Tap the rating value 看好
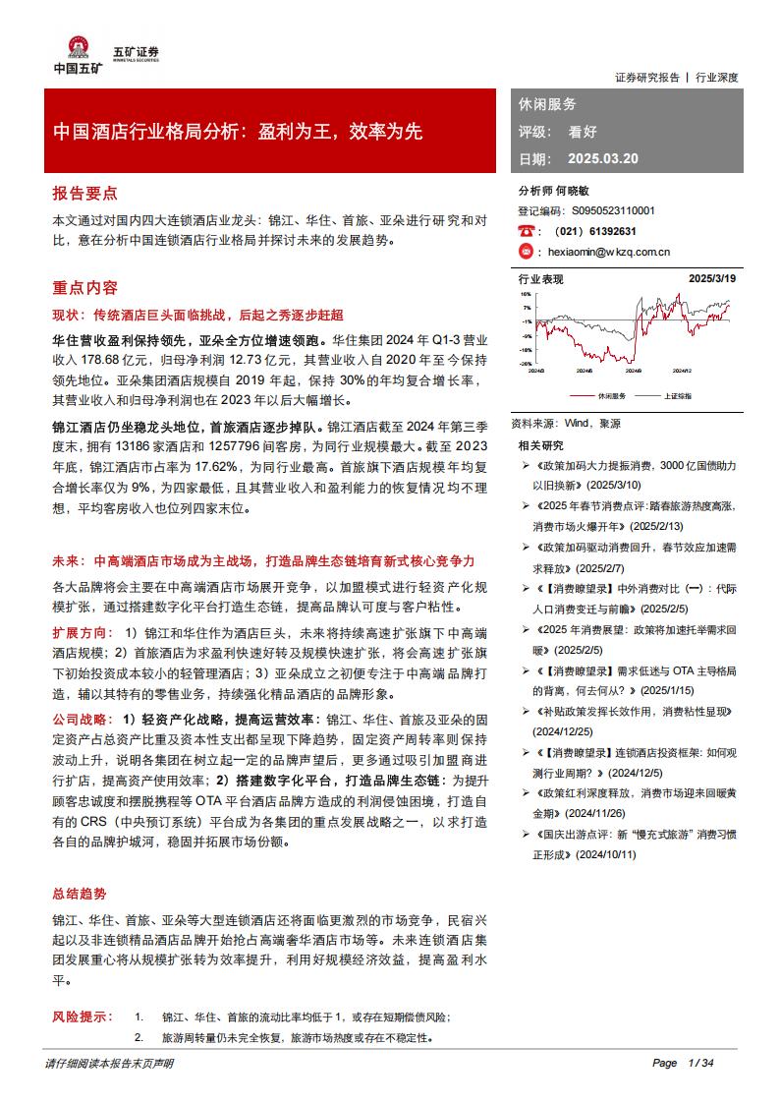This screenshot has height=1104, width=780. pos(583,131)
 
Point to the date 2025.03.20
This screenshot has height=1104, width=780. pos(603,158)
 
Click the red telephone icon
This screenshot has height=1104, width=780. pos(526,232)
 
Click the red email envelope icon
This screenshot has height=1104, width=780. pos(526,252)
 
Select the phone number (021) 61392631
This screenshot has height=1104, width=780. pos(596,232)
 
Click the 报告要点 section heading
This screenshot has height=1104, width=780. pos(84,193)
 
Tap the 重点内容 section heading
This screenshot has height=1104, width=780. pos(84,288)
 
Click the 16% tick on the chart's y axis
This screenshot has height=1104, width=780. pos(526,294)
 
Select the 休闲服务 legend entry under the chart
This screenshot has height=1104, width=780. pos(610,395)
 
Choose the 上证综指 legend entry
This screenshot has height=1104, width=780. pos(679,395)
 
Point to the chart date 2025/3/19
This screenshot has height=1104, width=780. pos(713,279)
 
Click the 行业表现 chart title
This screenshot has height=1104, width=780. pos(541,279)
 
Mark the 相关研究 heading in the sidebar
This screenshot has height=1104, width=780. pos(540,445)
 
